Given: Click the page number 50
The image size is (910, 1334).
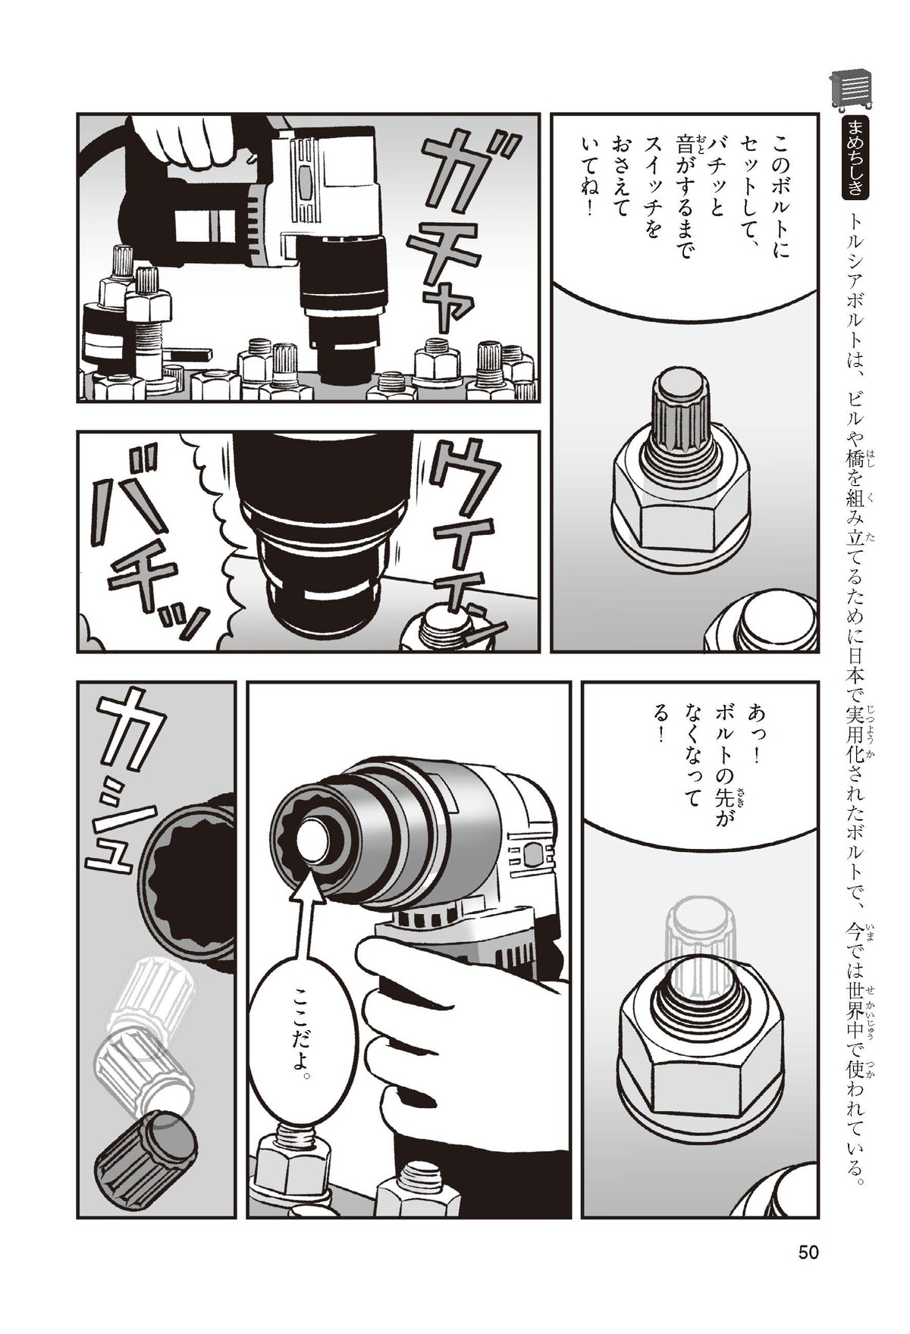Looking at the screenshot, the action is tap(808, 1252).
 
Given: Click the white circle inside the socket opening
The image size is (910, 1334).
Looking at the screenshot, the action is tap(312, 842).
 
